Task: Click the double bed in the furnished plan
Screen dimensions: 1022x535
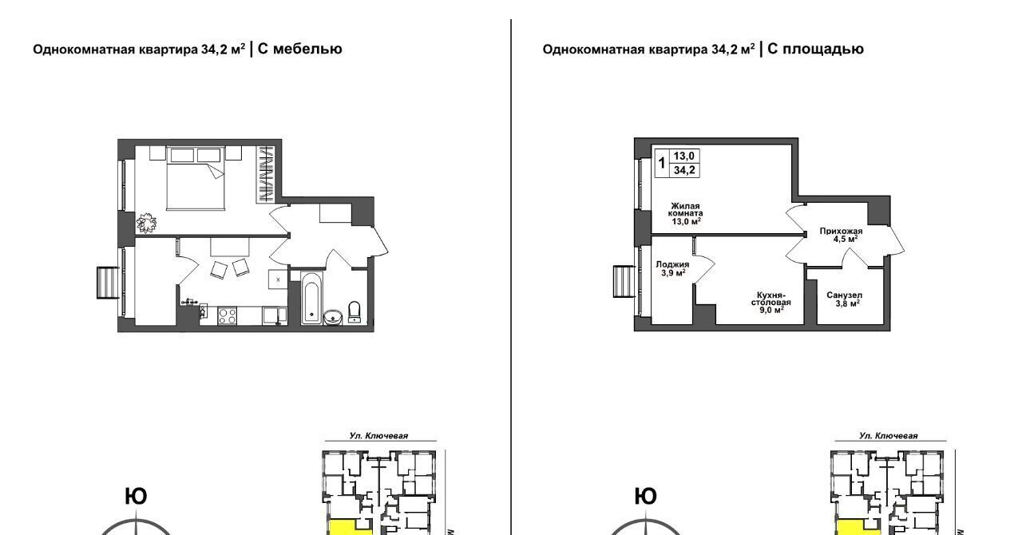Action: click(x=196, y=179)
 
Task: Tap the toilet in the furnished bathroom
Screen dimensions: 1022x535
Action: click(x=354, y=311)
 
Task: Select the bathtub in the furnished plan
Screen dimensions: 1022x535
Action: click(x=312, y=298)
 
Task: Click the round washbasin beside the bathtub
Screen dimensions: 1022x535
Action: click(x=333, y=316)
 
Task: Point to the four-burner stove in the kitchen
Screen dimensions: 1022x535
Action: click(x=228, y=315)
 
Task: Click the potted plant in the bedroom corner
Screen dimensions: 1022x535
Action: click(x=146, y=223)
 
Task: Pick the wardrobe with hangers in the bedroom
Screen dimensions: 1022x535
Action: click(x=265, y=174)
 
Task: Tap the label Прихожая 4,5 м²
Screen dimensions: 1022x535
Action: click(x=841, y=235)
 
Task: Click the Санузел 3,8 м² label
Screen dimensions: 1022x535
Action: click(x=845, y=299)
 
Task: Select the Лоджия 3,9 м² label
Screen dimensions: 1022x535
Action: click(x=672, y=268)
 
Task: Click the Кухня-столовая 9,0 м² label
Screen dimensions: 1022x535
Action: click(x=771, y=302)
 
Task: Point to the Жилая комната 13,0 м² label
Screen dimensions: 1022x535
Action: click(x=685, y=214)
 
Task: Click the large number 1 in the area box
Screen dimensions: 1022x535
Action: click(x=662, y=163)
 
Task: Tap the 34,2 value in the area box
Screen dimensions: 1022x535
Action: click(x=684, y=170)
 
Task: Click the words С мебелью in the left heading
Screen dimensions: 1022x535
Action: click(x=299, y=49)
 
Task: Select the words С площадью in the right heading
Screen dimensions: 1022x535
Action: click(x=815, y=49)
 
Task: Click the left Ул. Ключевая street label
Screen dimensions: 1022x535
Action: click(x=378, y=435)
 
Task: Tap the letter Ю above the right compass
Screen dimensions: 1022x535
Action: click(x=646, y=496)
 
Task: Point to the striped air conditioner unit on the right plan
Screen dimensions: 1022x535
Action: click(x=624, y=282)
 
